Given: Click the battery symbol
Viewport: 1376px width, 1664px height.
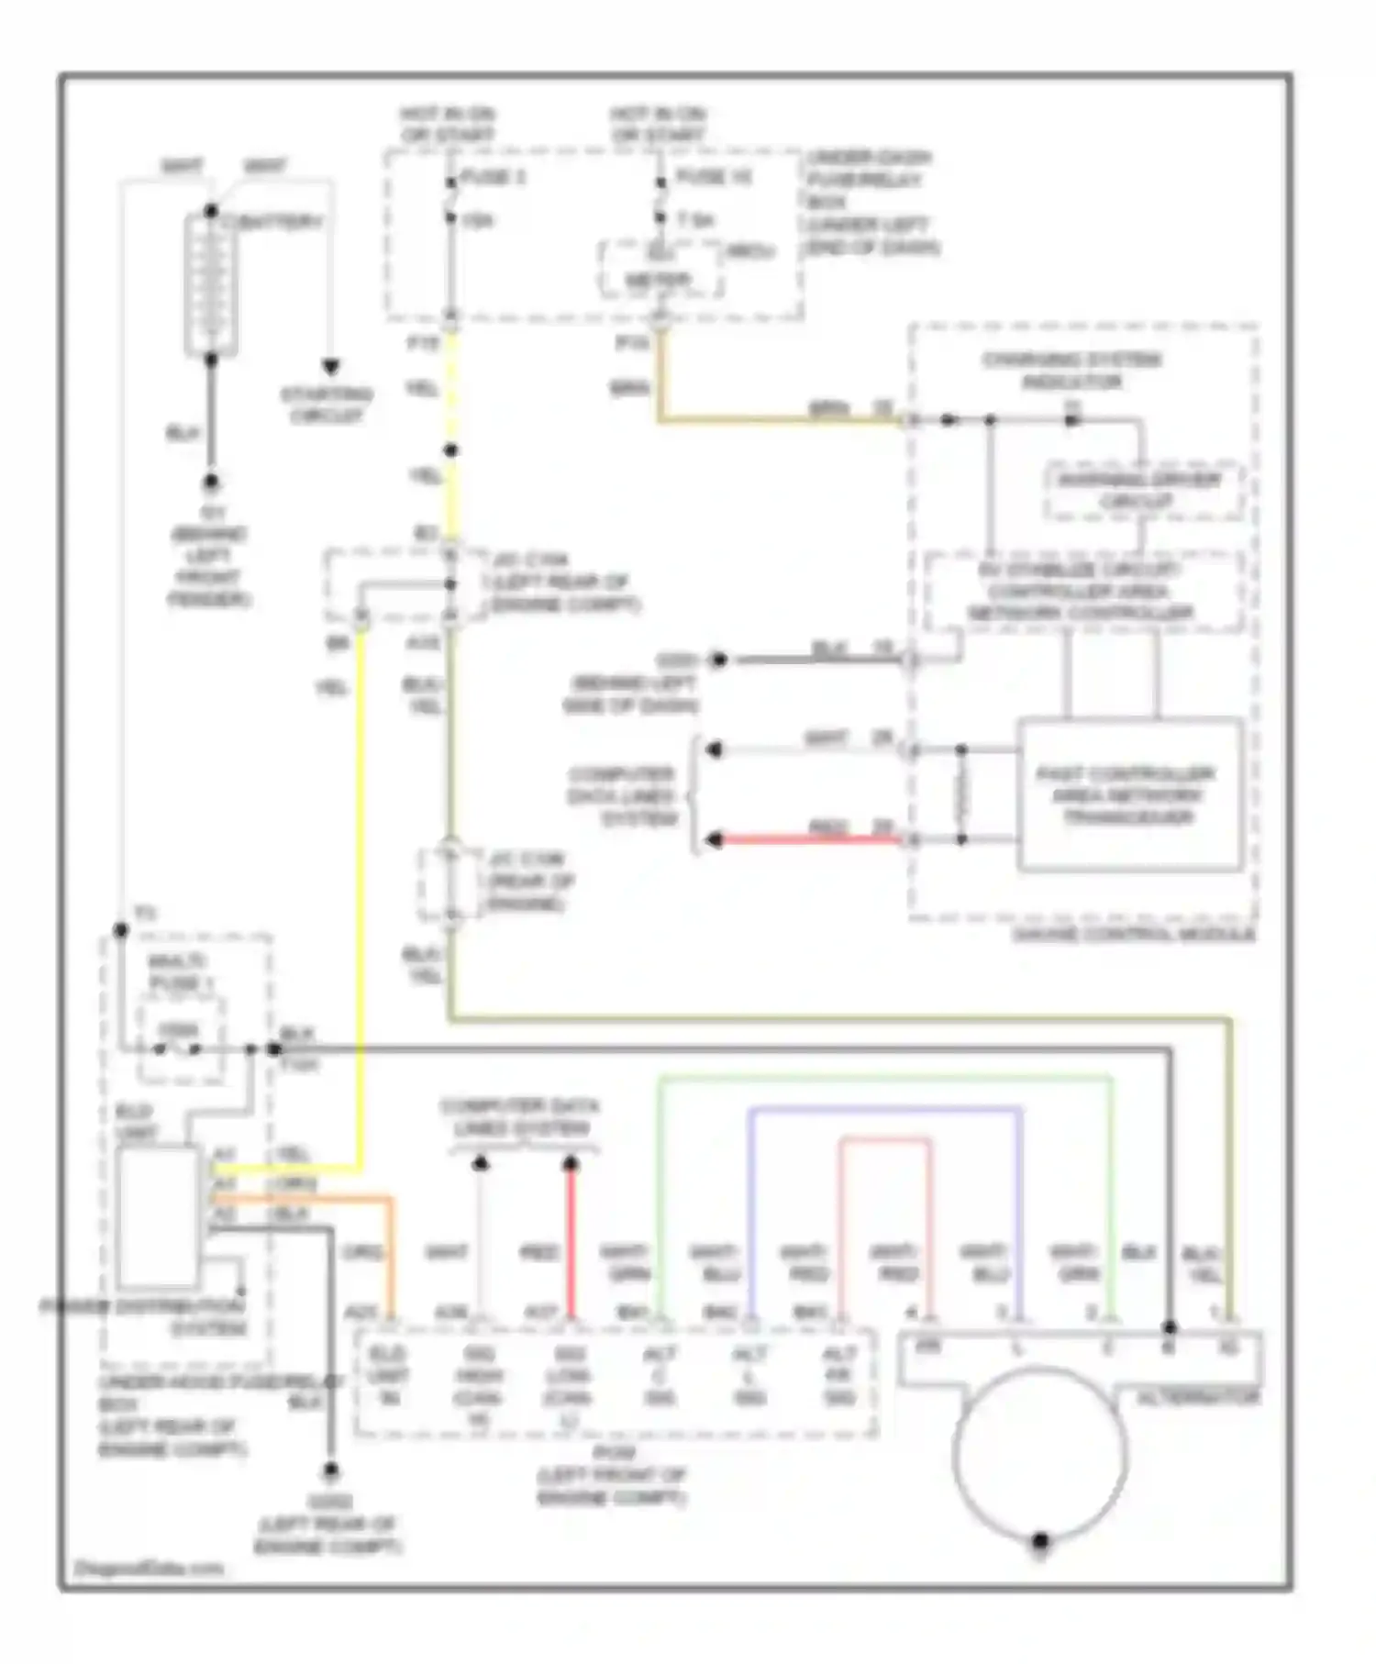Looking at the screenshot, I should (211, 284).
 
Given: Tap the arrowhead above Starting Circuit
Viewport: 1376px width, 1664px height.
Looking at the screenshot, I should (330, 367).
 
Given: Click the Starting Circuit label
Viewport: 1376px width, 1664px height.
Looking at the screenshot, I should (327, 405).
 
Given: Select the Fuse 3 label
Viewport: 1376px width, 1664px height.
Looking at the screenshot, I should (493, 177).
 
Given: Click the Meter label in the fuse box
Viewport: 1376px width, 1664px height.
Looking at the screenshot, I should (658, 279).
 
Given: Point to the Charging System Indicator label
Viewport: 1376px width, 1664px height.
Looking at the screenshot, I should (1071, 371).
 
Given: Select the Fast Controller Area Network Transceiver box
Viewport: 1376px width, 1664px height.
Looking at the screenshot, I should (1129, 794).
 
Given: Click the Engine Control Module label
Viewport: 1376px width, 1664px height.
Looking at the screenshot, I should (1134, 935).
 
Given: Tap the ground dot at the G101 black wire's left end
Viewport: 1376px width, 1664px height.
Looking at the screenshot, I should (719, 660).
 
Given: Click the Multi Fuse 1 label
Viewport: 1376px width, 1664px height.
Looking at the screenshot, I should (179, 972).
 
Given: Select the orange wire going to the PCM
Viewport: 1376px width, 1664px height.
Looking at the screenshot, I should (391, 1257).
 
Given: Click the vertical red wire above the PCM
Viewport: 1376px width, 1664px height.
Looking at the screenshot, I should (571, 1238).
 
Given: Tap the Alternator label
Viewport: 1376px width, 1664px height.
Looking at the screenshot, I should (1198, 1398).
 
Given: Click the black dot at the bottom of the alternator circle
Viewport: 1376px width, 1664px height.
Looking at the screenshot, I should (1040, 1541).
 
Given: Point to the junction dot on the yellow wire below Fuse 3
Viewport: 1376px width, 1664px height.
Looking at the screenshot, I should (450, 450).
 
